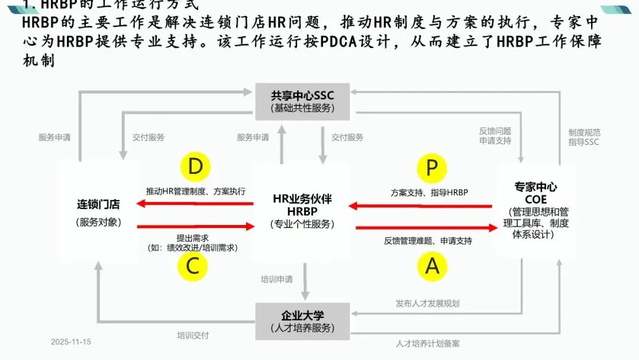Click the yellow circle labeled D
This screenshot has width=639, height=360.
195,168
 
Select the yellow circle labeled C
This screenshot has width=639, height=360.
193,266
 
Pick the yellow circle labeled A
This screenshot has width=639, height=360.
433,266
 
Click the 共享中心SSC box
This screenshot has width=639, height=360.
302,101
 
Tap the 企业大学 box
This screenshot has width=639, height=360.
302,321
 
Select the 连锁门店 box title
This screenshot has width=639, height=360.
98,205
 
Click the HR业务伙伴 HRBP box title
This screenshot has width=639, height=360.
302,205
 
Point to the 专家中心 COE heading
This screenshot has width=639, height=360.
535,193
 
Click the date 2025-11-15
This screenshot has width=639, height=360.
71,342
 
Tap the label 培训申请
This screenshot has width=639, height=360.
277,278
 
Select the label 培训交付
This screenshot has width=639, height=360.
193,335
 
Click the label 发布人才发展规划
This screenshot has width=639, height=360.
427,303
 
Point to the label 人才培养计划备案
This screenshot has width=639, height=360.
428,343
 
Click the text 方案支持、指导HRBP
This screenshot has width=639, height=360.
429,192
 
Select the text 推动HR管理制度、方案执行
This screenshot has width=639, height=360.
196,191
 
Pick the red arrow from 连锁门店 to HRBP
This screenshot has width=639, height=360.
195,226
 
